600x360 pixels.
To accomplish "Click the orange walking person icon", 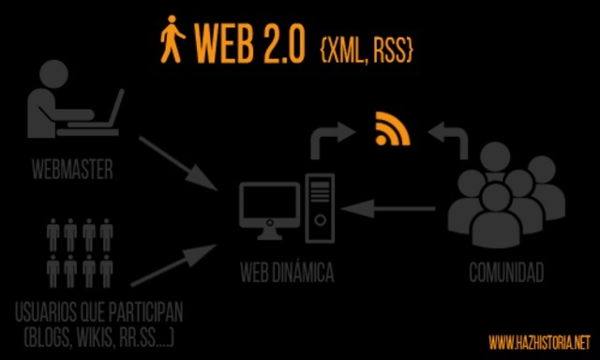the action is [x=172, y=42].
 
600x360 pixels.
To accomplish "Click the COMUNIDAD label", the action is [x=506, y=275].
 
